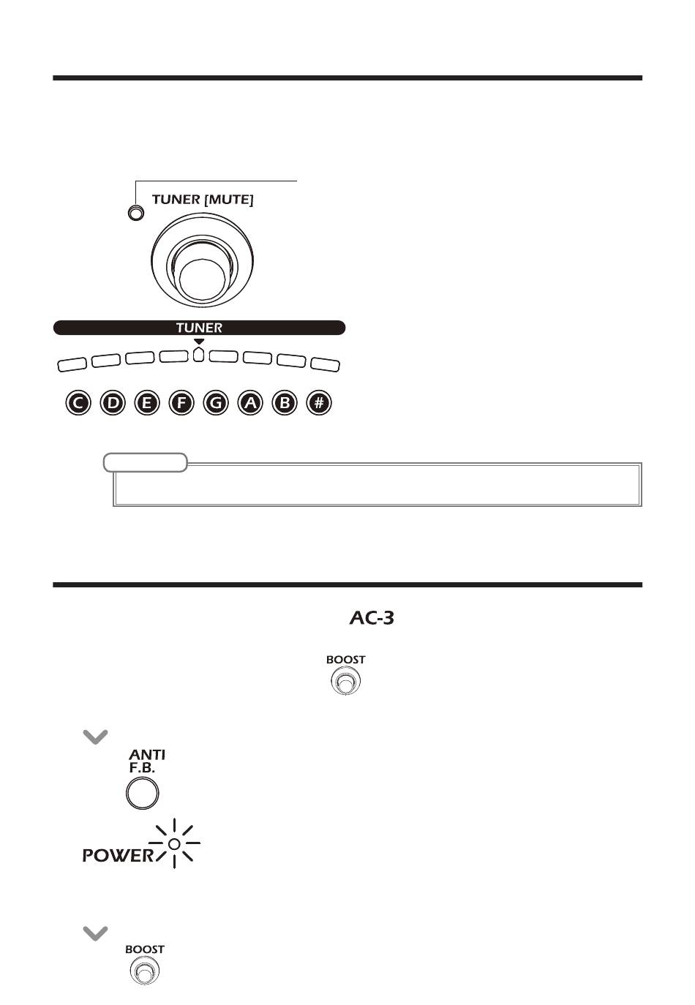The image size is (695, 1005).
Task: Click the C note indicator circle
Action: click(78, 402)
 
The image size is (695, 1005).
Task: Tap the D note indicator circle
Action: click(113, 402)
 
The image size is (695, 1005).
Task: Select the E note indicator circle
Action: click(147, 402)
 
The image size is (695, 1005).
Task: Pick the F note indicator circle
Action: click(181, 402)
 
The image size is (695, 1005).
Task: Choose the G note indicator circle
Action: click(216, 402)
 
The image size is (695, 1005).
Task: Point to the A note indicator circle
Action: click(250, 402)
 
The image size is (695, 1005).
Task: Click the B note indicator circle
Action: click(285, 402)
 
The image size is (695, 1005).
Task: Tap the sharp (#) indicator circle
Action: click(319, 402)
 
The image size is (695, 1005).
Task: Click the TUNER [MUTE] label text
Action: click(203, 200)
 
